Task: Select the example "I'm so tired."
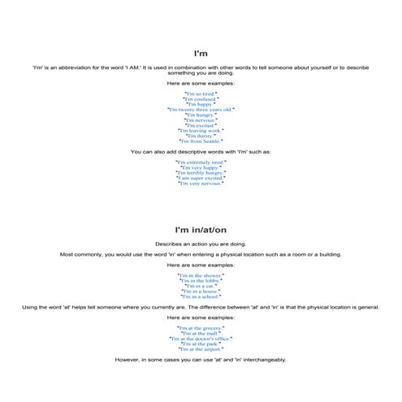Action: tap(200, 93)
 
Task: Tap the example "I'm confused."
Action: tap(200, 98)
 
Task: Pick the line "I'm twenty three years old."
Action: tap(200, 109)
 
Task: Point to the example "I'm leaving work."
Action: tap(200, 130)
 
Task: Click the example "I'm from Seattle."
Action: tap(200, 140)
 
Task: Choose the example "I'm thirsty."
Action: tap(200, 135)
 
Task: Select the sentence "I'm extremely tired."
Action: tap(200, 162)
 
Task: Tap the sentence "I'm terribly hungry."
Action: tap(200, 172)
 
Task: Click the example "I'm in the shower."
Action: tap(200, 275)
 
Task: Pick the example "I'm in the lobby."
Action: tap(200, 280)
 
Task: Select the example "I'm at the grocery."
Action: tap(200, 327)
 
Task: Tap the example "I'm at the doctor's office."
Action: tap(200, 338)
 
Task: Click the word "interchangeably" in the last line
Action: tap(259, 359)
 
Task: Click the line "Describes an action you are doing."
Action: tap(200, 244)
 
